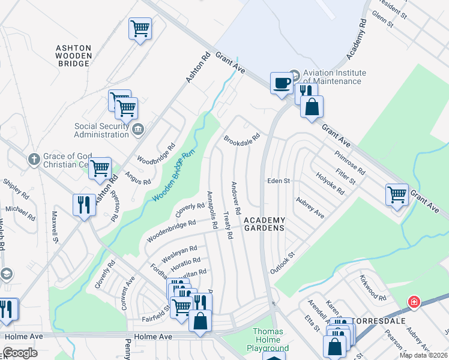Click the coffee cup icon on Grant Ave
[281, 83]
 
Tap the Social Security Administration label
[101, 130]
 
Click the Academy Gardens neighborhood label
[264, 224]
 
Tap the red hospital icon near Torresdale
[413, 302]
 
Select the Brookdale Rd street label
[242, 139]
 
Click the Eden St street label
[279, 181]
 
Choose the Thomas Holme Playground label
[268, 340]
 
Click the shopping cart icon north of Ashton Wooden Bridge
[140, 28]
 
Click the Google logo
[20, 353]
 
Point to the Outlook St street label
[283, 263]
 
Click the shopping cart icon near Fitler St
[397, 194]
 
